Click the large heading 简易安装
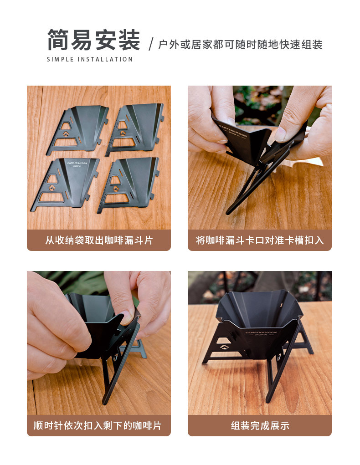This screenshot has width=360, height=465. point(93,40)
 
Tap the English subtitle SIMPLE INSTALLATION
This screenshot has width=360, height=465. point(90,60)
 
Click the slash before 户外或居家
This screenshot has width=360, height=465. point(151,45)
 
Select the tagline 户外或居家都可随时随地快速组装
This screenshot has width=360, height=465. point(240,45)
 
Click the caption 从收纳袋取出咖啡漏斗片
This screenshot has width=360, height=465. point(99,240)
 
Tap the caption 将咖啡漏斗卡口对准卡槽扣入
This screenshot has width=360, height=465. point(260,240)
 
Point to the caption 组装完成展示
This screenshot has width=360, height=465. point(260,426)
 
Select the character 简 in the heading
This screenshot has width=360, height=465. point(59,40)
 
